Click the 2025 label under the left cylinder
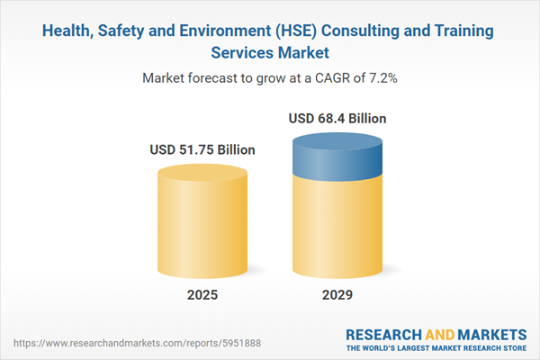click(x=202, y=295)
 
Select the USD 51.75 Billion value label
click(x=202, y=150)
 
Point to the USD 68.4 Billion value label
click(x=337, y=118)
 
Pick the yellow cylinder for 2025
click(x=202, y=220)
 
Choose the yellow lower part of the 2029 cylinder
click(x=337, y=229)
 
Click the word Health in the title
click(x=69, y=31)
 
